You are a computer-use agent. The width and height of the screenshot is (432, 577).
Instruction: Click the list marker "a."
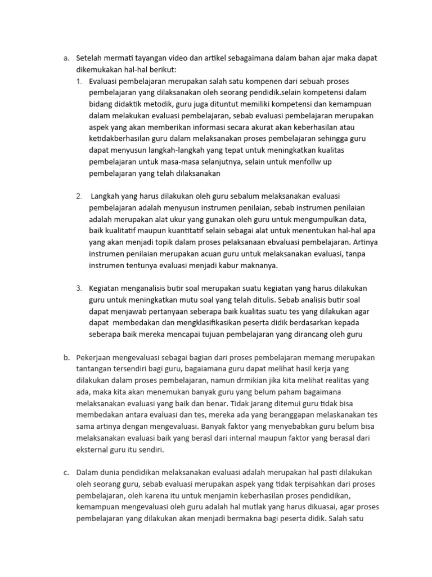[65, 58]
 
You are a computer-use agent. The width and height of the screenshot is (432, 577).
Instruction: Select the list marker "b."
[66, 358]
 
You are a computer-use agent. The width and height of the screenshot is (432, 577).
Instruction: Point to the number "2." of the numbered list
[79, 197]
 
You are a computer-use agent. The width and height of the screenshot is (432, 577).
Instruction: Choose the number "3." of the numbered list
[79, 288]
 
